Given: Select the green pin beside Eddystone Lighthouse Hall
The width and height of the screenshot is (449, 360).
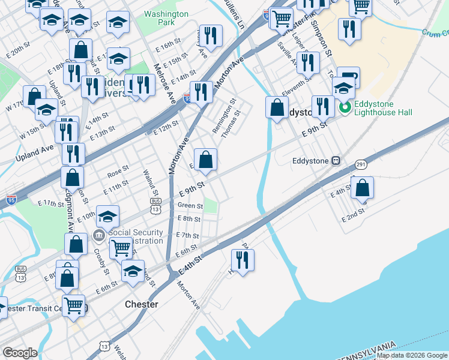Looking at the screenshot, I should click(x=345, y=108).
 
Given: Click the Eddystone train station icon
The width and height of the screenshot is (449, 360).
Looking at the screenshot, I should click(x=336, y=161).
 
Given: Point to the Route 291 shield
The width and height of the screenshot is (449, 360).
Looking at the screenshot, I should click(x=361, y=164).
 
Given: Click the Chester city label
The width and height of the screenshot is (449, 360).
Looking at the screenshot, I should click(x=142, y=304).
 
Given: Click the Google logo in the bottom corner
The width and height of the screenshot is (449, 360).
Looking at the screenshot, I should click(x=20, y=353).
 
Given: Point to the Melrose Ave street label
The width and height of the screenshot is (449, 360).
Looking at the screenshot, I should click(x=163, y=83).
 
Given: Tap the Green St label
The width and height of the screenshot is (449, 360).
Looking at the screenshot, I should click(x=190, y=206).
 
